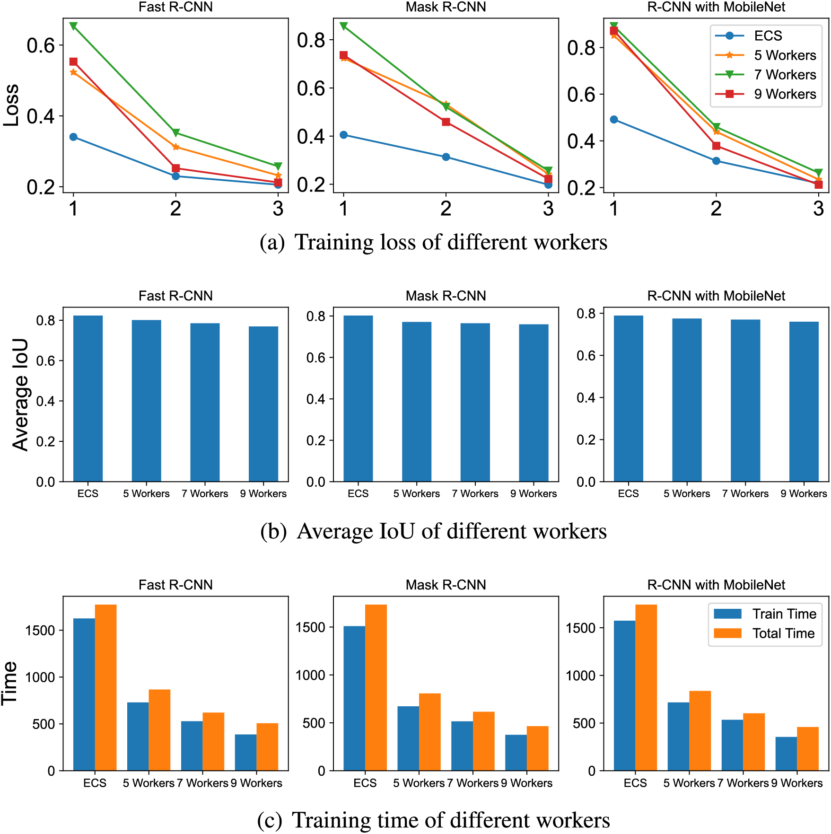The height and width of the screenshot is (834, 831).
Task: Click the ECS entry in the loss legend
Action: (x=768, y=36)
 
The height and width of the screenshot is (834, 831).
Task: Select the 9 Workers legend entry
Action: (x=785, y=94)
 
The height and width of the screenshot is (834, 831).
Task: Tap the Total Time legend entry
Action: (x=783, y=633)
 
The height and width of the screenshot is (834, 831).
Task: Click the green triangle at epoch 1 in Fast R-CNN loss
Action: (x=73, y=26)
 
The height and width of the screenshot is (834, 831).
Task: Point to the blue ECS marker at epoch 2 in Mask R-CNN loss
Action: (x=446, y=157)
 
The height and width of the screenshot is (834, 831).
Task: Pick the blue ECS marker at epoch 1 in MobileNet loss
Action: (x=614, y=120)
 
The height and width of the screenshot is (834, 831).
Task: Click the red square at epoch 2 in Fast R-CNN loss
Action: (x=176, y=168)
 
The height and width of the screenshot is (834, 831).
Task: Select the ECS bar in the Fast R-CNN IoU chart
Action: (x=88, y=398)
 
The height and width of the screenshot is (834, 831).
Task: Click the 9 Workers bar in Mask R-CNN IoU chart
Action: (x=534, y=403)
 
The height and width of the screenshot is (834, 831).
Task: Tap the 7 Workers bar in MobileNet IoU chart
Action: (x=745, y=400)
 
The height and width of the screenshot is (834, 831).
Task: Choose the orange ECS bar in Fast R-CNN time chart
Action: (x=105, y=687)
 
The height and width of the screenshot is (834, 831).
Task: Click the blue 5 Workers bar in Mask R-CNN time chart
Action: (x=408, y=738)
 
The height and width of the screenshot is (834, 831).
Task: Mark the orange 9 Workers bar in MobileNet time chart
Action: (x=808, y=748)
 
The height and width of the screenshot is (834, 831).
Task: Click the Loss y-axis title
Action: (x=11, y=105)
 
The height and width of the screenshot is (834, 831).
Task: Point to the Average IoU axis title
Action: (x=20, y=395)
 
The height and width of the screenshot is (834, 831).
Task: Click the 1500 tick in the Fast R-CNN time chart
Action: (x=40, y=631)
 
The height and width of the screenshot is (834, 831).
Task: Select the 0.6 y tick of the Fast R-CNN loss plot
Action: (x=41, y=46)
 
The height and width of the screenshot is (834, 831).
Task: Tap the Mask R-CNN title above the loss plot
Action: (x=446, y=7)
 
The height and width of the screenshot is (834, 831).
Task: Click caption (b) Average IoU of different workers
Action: (x=433, y=531)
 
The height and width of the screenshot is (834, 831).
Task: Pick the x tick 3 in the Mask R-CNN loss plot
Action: (x=548, y=208)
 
